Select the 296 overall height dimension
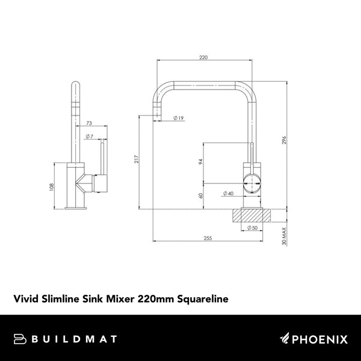click(283, 141)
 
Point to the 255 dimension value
click(208, 238)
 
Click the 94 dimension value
click(201, 161)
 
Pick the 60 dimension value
click(201, 194)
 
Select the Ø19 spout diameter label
click(178, 118)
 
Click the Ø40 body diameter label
click(228, 193)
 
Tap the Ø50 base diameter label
click(251, 228)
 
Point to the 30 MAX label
click(283, 235)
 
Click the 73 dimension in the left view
click(90, 123)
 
